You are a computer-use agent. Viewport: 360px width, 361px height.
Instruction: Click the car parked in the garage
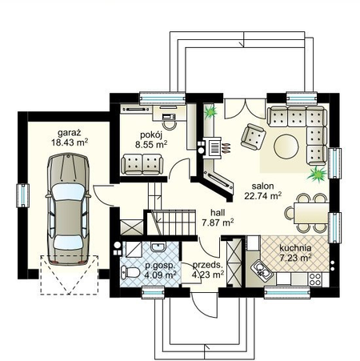pos(69,209)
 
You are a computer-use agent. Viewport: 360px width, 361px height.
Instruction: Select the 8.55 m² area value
pos(151,145)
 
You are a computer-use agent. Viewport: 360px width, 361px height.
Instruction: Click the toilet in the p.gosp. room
pos(130,273)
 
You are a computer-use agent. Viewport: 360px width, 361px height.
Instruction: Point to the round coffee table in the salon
pos(286,146)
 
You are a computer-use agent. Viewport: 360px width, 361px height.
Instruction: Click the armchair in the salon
pos(253,137)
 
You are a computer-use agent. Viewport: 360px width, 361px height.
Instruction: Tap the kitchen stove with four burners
pos(315,279)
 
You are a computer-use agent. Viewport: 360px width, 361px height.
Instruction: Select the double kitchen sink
pos(261,270)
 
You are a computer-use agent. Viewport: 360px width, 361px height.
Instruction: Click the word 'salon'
pos(262,186)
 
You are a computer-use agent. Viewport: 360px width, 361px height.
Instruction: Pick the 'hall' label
pos(218,213)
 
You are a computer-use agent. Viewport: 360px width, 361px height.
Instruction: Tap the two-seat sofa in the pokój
pos(142,164)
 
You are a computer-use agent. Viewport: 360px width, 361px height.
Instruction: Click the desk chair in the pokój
pos(169,124)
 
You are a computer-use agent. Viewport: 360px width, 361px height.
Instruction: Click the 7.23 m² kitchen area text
pos(295,258)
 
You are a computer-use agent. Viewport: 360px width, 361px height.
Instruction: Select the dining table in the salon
pos(311,213)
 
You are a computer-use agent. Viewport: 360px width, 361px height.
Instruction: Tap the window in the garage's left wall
pos(23,195)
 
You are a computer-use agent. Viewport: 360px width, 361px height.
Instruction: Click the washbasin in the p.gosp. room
pos(158,247)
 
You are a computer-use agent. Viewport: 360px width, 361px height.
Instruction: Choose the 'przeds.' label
pos(207,265)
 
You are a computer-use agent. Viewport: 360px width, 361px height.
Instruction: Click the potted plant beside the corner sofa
pos(317,174)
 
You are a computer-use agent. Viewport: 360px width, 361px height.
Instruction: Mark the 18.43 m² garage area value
pos(70,142)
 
